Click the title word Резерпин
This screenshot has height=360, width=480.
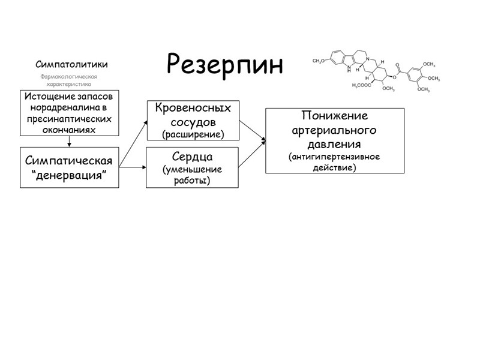coord(224,64)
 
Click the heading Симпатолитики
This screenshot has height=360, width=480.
coord(71,64)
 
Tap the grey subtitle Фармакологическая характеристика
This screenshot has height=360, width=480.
coord(68,80)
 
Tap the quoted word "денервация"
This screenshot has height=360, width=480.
coord(69,173)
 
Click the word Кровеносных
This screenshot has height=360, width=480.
coord(193,108)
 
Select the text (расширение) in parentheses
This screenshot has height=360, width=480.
coord(193,134)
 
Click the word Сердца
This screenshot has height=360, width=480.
coord(193,157)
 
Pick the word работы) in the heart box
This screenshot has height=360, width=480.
coord(193,180)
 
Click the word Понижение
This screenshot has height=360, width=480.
coord(335,116)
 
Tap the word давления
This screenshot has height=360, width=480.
coord(335,145)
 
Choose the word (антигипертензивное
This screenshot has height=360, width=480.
coord(335,157)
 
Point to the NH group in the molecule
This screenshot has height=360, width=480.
coord(341,68)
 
